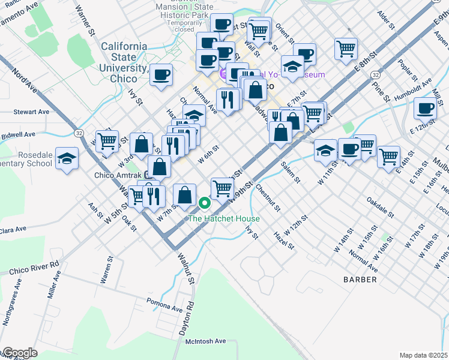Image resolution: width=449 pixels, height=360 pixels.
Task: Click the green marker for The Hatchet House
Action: [x=205, y=203]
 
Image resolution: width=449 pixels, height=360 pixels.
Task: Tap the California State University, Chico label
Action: [x=124, y=62]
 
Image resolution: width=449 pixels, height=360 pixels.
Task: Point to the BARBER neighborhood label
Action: [x=360, y=280]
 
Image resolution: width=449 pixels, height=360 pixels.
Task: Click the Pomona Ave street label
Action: [x=164, y=305]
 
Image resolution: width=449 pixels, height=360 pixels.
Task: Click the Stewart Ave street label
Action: [x=31, y=112]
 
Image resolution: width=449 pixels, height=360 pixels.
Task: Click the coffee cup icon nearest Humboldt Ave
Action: [x=425, y=109]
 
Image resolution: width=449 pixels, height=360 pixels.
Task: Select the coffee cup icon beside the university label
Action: [x=160, y=76]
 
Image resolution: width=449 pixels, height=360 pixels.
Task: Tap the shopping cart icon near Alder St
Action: [x=346, y=49]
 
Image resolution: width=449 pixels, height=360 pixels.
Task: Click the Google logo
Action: [x=19, y=353]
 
